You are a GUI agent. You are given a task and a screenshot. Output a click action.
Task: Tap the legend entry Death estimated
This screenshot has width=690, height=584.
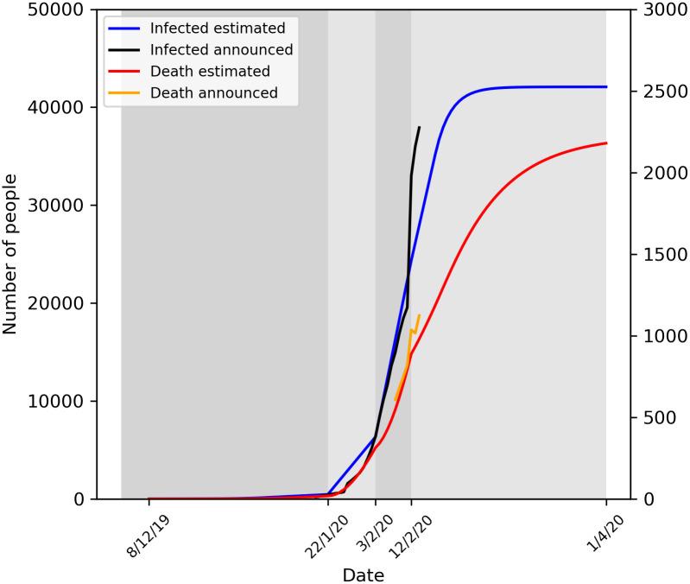[x=210, y=71]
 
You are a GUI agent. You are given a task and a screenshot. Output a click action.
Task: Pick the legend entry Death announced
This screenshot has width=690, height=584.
[x=213, y=92]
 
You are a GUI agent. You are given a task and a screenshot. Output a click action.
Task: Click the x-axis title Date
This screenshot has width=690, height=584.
[x=363, y=574]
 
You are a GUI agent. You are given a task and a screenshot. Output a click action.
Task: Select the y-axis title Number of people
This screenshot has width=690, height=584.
[x=11, y=255]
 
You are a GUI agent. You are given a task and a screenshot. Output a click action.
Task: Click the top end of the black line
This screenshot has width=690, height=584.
[x=419, y=127]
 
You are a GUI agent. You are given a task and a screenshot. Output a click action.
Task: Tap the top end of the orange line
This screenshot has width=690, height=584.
[x=419, y=315]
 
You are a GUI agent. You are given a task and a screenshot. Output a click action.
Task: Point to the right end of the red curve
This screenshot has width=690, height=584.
[x=606, y=143]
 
